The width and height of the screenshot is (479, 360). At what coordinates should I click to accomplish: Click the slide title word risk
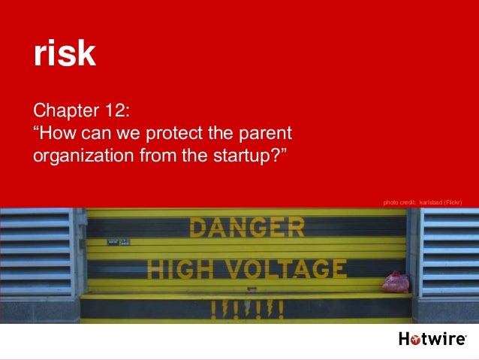coord(65,53)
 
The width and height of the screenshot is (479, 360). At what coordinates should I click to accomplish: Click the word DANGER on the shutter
coord(247,227)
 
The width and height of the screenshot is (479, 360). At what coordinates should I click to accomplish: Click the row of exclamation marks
coord(246,307)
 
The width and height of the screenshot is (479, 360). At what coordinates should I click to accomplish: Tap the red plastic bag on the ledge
coord(396,283)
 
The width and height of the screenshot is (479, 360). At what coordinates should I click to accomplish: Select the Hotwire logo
coord(432,340)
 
